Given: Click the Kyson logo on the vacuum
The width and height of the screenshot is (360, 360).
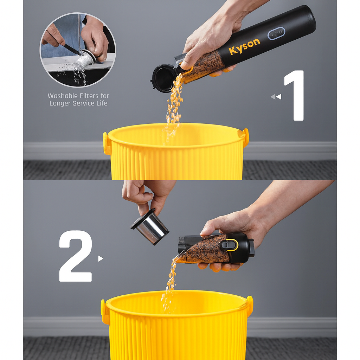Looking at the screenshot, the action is [x=245, y=47].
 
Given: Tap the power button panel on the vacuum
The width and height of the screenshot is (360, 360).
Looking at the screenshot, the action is [x=276, y=33].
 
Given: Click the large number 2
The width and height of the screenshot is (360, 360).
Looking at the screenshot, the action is [x=76, y=256].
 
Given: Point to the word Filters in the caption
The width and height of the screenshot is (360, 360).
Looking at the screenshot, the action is [x=88, y=96].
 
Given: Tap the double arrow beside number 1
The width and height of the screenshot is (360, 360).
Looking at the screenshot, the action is [x=276, y=97].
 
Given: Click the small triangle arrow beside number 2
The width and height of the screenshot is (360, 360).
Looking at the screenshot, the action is [x=100, y=258].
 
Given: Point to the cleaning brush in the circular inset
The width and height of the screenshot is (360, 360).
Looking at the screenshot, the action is [x=70, y=49].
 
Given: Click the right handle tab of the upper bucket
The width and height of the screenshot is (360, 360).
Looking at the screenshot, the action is [x=245, y=137].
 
